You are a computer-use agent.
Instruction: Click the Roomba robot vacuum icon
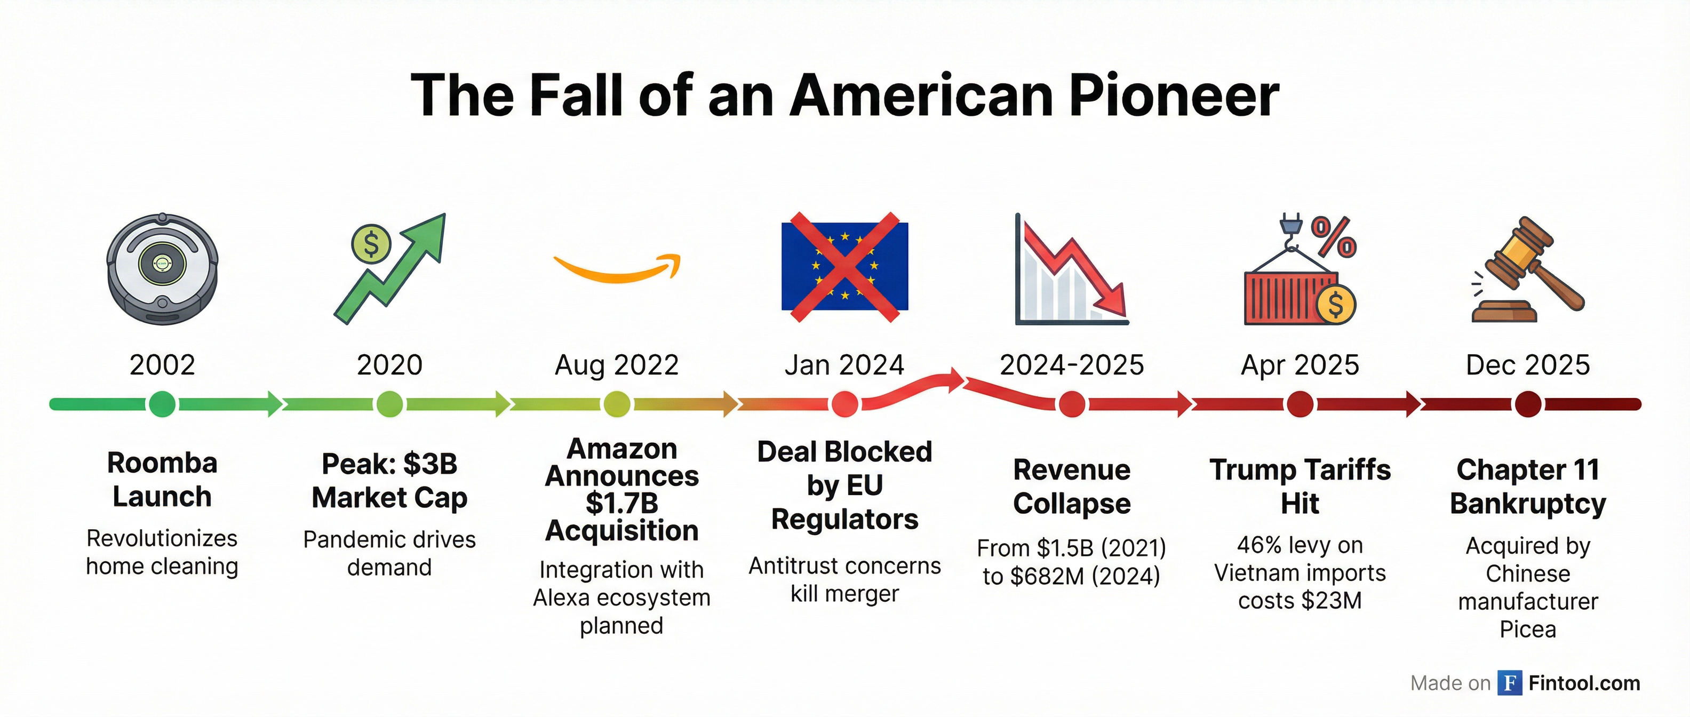[x=162, y=268]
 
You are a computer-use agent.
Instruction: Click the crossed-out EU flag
[x=844, y=266]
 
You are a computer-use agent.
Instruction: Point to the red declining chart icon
[x=1071, y=269]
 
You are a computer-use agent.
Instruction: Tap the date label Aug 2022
[x=617, y=365]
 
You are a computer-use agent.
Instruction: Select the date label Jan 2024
[x=844, y=365]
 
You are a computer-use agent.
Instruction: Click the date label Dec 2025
[x=1528, y=365]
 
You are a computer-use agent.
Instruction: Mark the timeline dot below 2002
[x=162, y=404]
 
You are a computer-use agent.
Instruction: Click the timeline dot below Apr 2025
[x=1300, y=404]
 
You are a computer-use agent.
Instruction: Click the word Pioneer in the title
[x=1174, y=96]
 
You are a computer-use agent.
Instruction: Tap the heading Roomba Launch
[x=162, y=480]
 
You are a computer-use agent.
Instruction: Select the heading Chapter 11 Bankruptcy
[x=1528, y=487]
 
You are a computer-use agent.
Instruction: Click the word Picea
[x=1528, y=630]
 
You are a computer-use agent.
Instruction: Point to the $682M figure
[x=1048, y=576]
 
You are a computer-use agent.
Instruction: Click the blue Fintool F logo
[x=1510, y=683]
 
